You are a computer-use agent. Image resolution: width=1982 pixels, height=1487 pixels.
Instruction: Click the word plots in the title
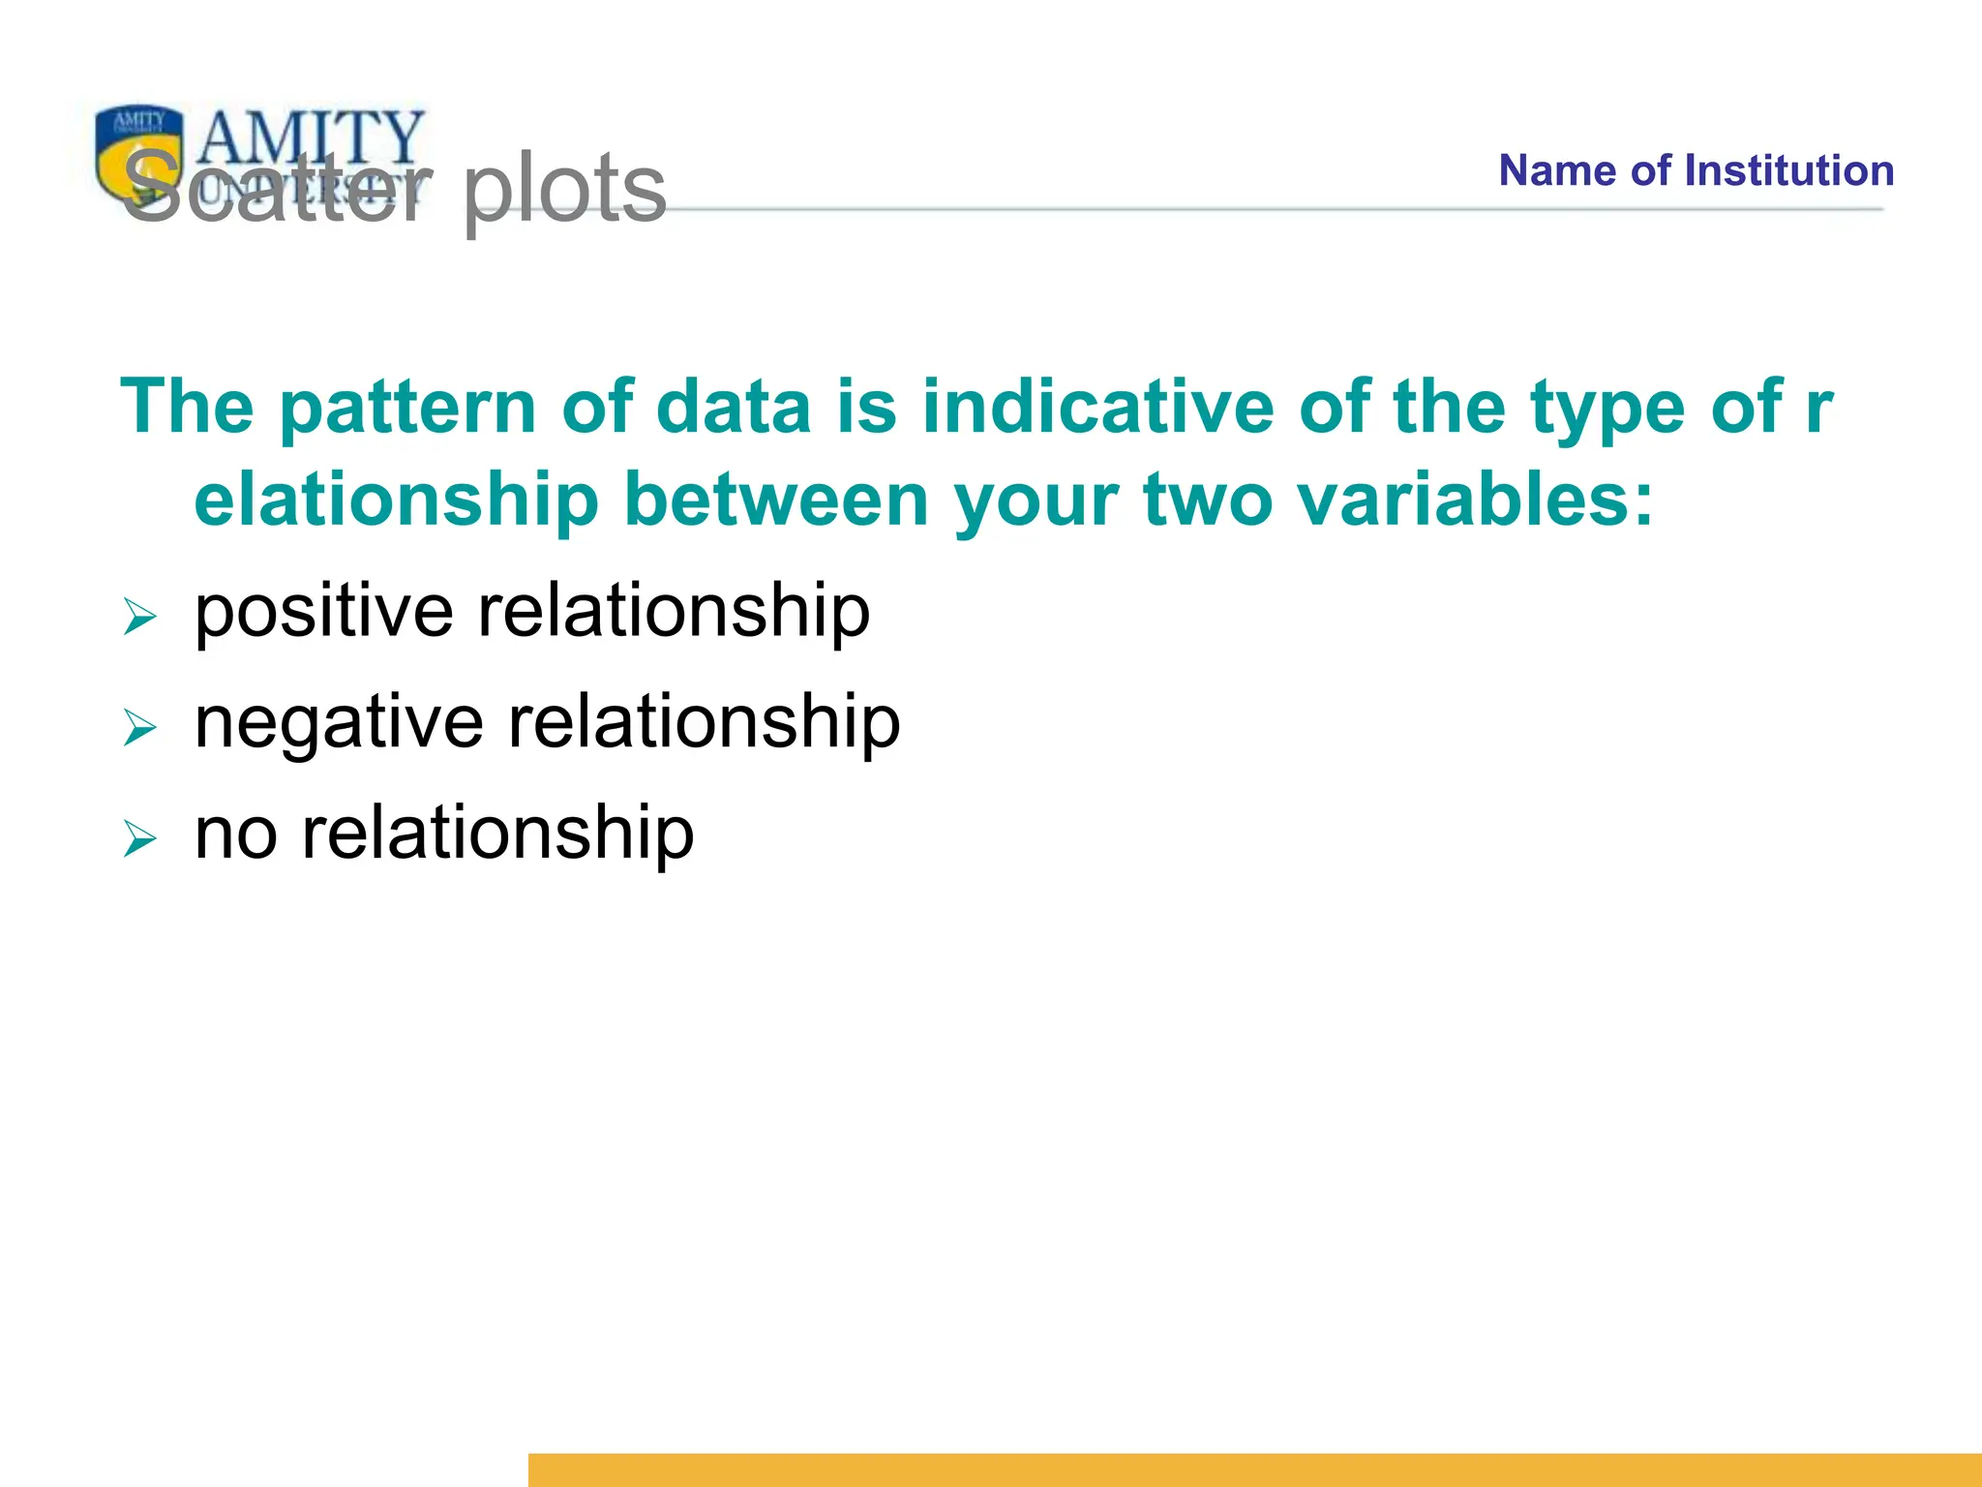[564, 189]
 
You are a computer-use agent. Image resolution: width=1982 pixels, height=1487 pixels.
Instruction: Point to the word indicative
[1097, 407]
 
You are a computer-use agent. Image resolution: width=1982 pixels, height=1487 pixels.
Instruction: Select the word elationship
[396, 501]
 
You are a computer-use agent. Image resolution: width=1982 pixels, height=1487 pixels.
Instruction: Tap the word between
[775, 500]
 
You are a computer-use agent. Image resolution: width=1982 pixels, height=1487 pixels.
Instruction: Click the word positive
[323, 613]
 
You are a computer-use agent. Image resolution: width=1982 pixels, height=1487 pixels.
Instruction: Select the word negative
[338, 724]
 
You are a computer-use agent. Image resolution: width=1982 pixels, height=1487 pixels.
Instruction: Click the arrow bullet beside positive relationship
[139, 617]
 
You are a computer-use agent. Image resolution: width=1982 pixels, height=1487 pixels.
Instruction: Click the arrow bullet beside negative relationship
[139, 727]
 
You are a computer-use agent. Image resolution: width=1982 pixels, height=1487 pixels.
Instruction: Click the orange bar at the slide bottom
[1254, 1469]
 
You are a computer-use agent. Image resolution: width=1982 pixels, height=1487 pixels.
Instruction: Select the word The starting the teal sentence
[187, 407]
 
